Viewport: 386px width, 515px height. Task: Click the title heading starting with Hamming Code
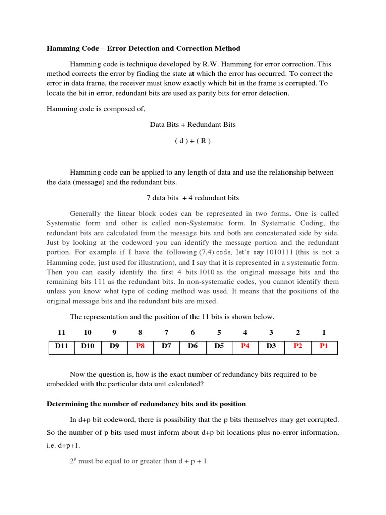point(143,49)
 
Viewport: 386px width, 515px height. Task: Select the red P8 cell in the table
point(140,347)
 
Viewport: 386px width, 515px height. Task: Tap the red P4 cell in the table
point(245,347)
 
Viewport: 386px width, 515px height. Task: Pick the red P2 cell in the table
point(298,347)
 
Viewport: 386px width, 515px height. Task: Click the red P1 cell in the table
point(324,347)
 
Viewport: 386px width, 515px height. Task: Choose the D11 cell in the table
point(61,347)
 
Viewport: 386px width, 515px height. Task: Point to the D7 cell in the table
point(166,347)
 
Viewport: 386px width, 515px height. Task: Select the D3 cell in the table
point(271,347)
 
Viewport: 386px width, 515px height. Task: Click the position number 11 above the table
point(61,332)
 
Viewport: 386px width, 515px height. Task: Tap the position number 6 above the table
point(192,332)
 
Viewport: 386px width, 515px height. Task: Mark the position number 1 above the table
point(324,332)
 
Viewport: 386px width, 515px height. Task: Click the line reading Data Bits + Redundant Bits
point(192,124)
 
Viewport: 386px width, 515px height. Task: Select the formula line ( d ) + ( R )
point(192,141)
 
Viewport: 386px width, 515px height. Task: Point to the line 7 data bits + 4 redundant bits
point(192,198)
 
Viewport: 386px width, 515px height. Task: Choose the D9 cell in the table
point(114,347)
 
